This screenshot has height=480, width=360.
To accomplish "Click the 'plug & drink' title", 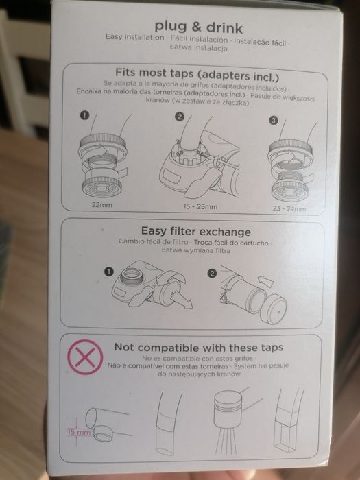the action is click(x=199, y=27).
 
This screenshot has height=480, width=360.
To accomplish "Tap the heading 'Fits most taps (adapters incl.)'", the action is click(x=197, y=75).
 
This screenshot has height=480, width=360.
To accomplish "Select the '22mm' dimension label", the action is click(x=102, y=205).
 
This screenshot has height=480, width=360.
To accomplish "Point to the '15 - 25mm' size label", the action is click(x=200, y=206).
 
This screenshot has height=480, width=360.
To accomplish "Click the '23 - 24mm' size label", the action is click(x=289, y=208).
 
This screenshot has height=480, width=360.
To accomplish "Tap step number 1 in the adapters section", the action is click(x=84, y=115).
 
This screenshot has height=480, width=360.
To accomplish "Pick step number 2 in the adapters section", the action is click(x=180, y=117).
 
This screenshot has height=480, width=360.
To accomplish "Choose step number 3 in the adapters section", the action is click(x=274, y=120).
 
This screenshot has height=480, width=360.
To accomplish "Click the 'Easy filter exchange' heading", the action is click(x=196, y=231).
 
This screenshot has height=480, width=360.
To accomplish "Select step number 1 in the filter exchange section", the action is click(x=108, y=272).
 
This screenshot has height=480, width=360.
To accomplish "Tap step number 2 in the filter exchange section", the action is click(x=212, y=273).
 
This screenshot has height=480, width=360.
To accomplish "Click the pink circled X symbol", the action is click(x=85, y=357).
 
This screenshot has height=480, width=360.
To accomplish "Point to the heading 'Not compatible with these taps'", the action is click(x=199, y=348).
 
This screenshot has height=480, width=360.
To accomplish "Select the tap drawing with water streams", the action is click(x=232, y=420).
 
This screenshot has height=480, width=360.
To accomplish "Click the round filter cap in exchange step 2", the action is click(x=273, y=309).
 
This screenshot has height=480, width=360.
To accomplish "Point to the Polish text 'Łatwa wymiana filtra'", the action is click(x=196, y=250).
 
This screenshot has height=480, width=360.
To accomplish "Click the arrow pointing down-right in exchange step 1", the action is click(x=182, y=300).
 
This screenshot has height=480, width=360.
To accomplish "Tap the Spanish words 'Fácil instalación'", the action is click(x=199, y=39).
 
